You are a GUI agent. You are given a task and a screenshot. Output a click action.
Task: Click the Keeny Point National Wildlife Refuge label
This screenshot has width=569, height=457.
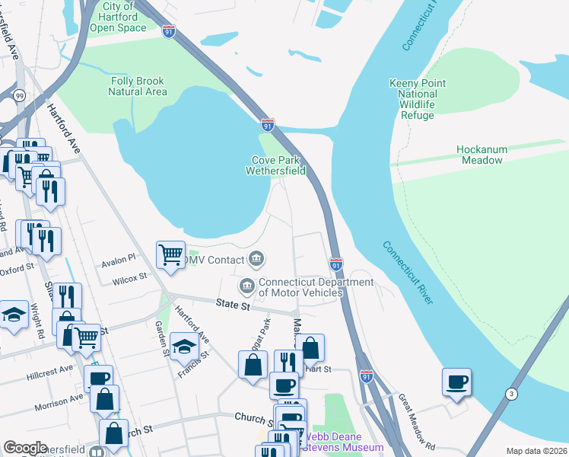[412, 99]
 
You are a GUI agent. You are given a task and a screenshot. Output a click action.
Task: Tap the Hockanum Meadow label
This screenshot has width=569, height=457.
[480, 155]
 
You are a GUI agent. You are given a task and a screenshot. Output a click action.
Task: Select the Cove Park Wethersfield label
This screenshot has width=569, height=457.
[275, 166]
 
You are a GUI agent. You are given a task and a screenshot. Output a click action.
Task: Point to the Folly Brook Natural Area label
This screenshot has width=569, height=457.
[138, 86]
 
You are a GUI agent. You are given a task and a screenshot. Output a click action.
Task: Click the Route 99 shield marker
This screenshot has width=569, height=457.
[18, 94]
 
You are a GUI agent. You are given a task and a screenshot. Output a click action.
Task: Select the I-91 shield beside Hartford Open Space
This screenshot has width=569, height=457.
[168, 31]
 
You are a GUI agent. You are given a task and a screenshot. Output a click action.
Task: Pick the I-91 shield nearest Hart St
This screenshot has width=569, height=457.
[366, 376]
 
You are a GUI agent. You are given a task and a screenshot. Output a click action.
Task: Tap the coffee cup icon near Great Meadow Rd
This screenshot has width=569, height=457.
[456, 382]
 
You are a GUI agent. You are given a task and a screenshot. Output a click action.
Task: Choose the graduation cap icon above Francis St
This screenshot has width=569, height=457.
[184, 347]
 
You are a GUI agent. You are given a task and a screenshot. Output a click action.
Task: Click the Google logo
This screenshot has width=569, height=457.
[25, 448]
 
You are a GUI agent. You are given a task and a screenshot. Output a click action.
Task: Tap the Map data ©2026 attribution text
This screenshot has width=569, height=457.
[536, 451]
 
